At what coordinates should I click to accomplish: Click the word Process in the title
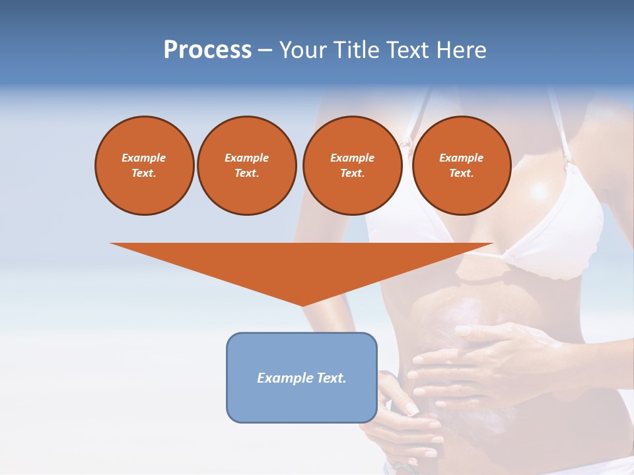coord(207,50)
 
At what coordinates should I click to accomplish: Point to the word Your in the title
coord(304,50)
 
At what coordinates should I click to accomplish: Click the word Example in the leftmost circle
coord(144,158)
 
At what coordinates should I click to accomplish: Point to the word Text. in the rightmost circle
coord(461,173)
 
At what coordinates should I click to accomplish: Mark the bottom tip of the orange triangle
coord(302,305)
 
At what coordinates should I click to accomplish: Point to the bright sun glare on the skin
coord(540,191)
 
